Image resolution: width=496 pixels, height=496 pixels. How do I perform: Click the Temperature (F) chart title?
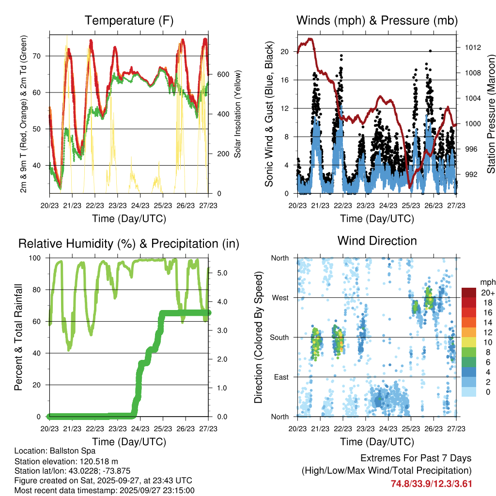click(129, 20)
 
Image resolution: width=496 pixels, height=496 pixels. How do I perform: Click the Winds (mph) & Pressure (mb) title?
click(377, 20)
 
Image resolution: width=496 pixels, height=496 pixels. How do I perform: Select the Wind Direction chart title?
click(377, 241)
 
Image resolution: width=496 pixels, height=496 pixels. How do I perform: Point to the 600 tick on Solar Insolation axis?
click(223, 74)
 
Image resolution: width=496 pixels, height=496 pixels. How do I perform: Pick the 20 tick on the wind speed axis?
click(285, 51)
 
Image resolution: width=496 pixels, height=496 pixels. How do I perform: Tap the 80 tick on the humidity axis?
click(41, 290)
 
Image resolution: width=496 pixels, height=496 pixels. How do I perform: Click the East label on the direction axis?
click(280, 377)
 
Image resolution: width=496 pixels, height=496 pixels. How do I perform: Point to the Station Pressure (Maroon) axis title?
click(490, 114)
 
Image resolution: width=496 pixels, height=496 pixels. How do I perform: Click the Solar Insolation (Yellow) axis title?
click(237, 114)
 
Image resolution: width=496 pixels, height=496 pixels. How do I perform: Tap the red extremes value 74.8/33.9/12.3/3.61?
click(431, 483)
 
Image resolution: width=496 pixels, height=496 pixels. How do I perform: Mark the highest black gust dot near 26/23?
click(430, 50)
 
